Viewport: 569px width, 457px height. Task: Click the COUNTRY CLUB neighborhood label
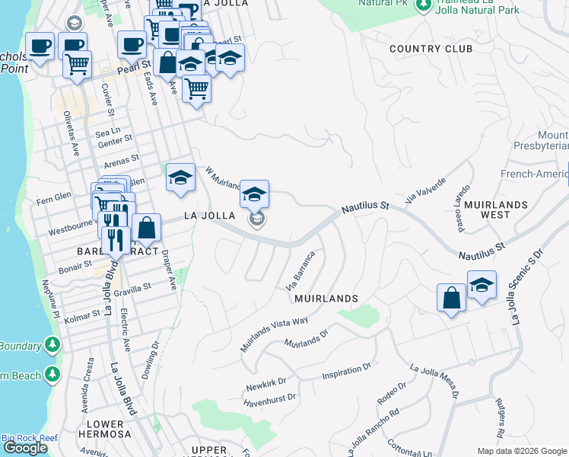tap(431, 49)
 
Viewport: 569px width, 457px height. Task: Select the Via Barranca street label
tap(300, 270)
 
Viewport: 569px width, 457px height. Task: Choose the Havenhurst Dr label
tap(270, 398)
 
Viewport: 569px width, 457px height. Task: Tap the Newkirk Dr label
tap(265, 385)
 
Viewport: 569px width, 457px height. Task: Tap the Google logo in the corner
tap(24, 448)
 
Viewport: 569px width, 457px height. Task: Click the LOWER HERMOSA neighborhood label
tap(105, 429)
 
